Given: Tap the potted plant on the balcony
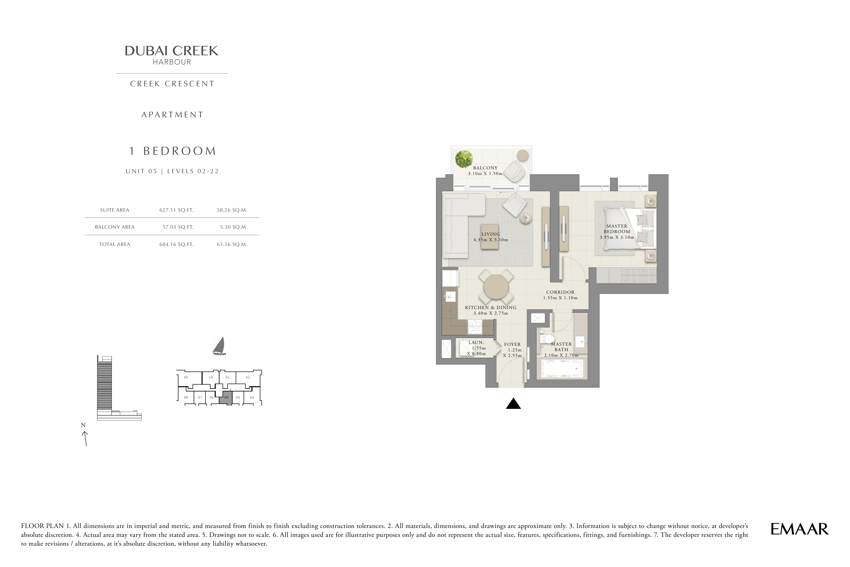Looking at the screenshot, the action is click(464, 159).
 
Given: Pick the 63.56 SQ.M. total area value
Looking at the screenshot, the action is click(232, 244).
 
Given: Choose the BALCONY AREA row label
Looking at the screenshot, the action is click(115, 227).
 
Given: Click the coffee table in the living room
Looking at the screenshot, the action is click(490, 237).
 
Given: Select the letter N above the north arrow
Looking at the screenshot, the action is click(83, 425).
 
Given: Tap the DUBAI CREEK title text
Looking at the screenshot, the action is click(171, 51).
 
